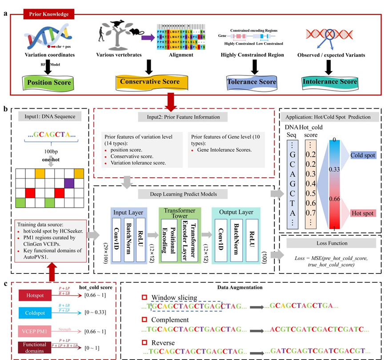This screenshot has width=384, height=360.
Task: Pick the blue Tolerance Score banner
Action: [252, 82]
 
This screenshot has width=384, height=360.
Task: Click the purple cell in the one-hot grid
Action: [69, 182]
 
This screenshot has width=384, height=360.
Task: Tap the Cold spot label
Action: [363, 155]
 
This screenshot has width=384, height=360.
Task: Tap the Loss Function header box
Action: [329, 243]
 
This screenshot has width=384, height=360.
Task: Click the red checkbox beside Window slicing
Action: [144, 297]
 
